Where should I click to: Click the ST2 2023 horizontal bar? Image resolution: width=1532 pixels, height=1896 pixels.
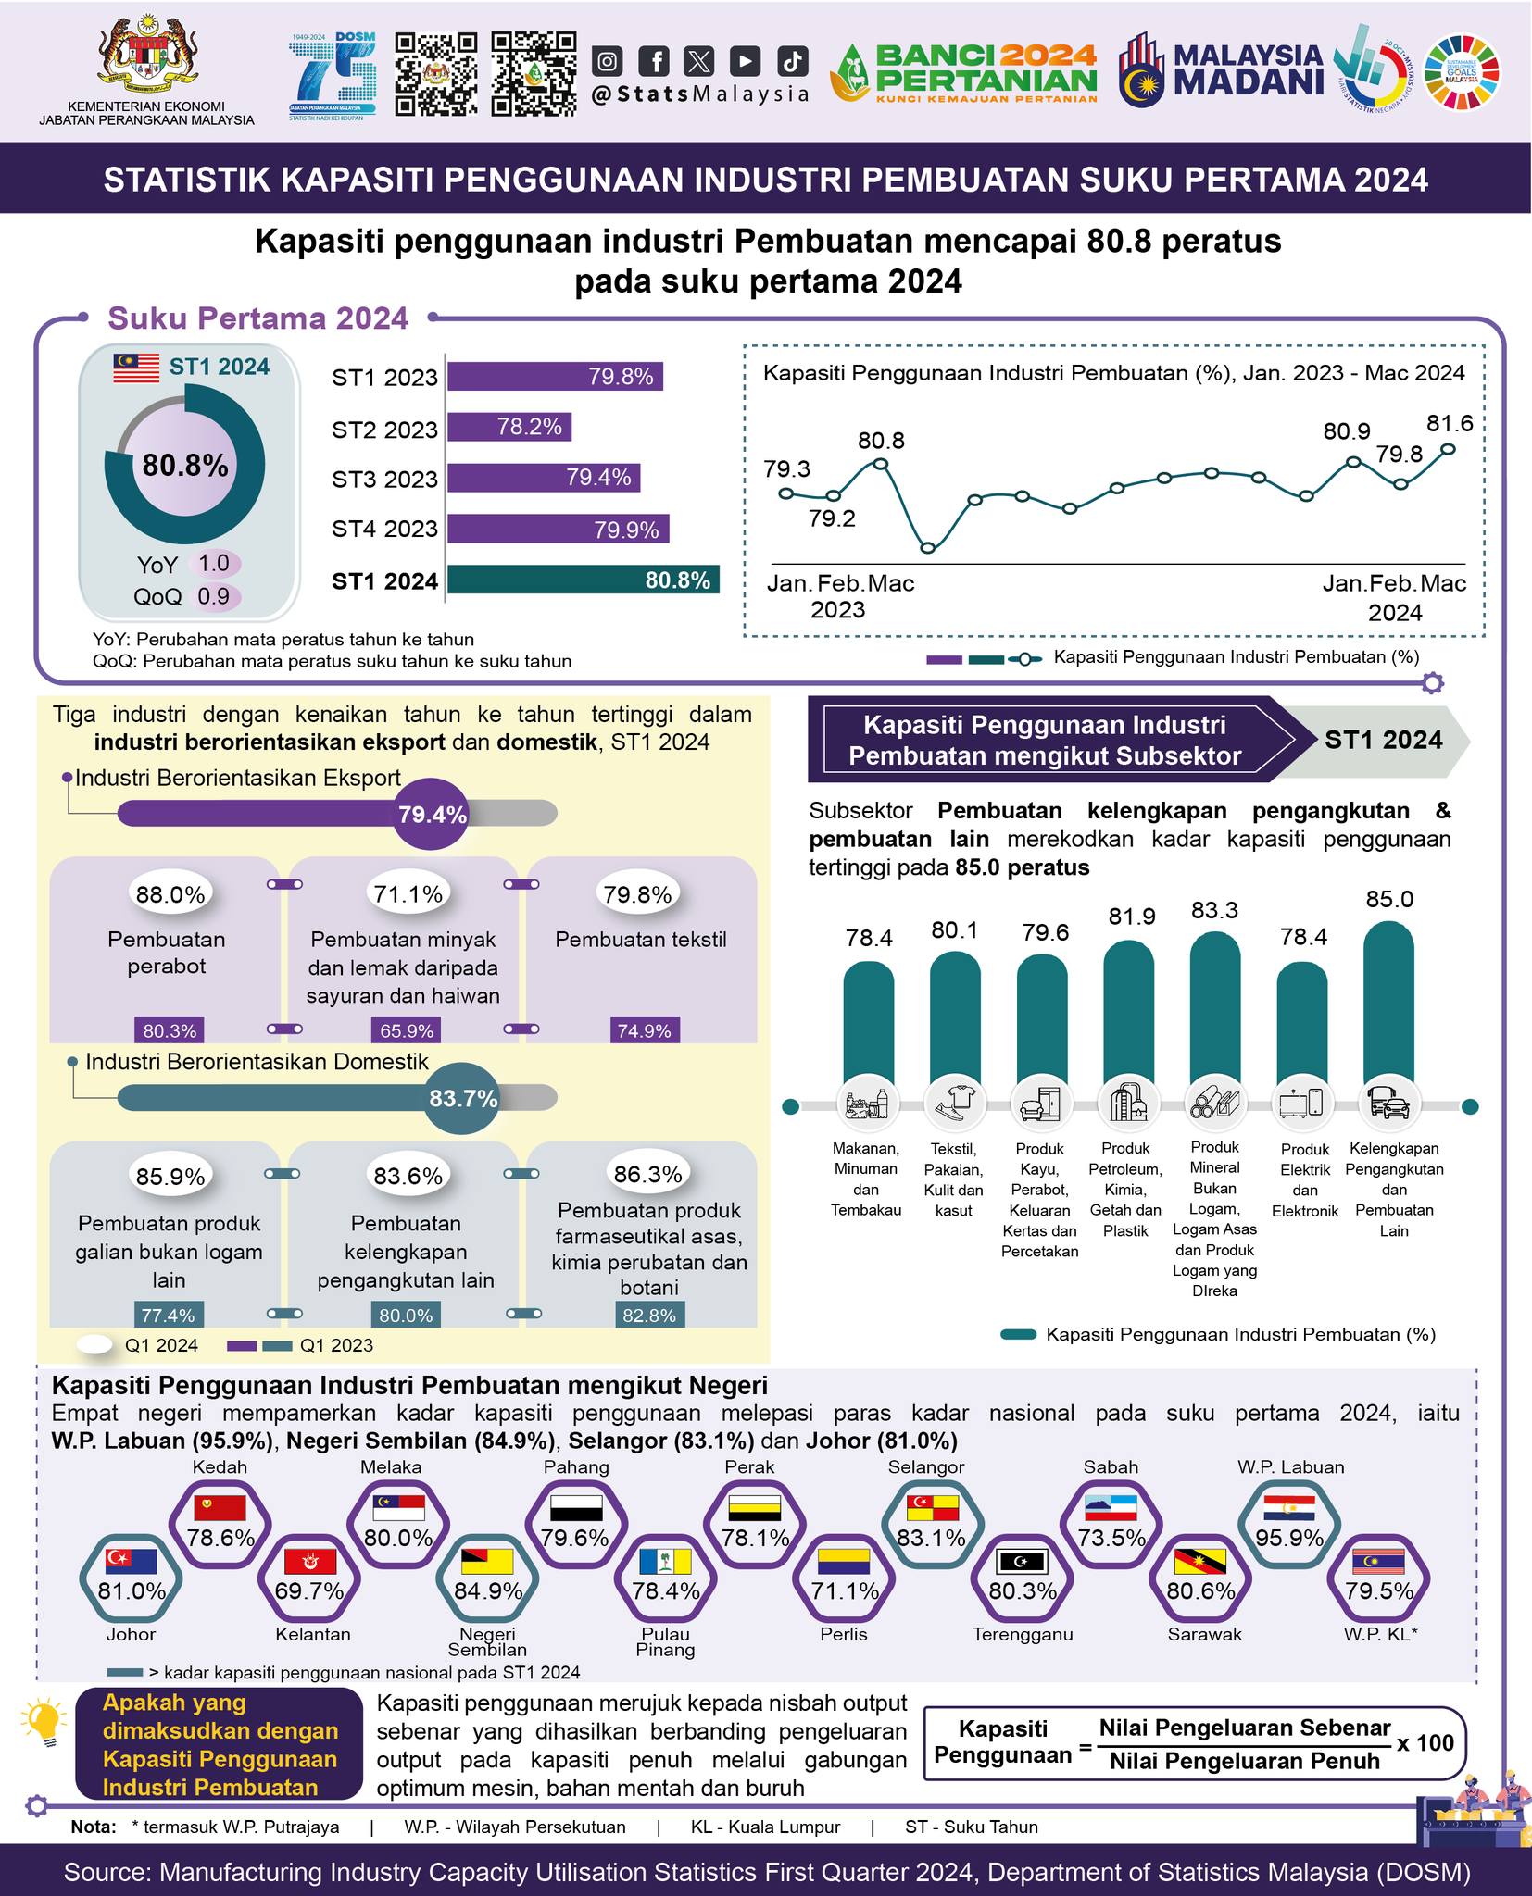509,427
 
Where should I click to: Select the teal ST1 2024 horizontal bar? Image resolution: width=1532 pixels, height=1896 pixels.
584,580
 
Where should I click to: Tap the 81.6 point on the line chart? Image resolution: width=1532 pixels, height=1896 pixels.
1449,449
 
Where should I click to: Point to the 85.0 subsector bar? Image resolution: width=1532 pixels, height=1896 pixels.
1389,1004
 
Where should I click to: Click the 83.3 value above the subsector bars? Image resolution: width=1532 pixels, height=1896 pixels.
1214,910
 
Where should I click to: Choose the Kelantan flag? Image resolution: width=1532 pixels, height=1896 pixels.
310,1562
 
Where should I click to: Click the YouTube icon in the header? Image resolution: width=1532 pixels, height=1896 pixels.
745,61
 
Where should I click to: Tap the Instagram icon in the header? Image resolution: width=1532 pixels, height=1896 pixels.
608,61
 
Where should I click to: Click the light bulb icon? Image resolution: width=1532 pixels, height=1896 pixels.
43,1724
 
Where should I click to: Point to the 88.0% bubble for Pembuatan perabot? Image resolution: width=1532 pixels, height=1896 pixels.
170,894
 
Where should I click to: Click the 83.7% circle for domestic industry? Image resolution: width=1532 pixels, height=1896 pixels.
462,1099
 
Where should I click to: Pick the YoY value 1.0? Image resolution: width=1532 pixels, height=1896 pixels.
214,563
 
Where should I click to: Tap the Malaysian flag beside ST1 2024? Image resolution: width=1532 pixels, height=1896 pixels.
137,368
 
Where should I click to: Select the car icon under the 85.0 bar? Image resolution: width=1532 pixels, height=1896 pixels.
1389,1104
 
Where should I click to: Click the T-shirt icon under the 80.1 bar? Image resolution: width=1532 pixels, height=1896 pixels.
955,1104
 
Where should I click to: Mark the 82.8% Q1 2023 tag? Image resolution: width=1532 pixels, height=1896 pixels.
649,1315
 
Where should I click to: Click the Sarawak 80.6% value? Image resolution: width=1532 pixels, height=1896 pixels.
1201,1590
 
